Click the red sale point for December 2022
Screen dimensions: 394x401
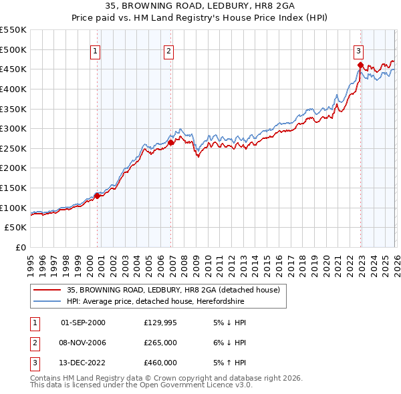click(360, 65)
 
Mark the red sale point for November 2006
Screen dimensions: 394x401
click(171, 142)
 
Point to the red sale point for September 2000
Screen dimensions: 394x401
click(98, 196)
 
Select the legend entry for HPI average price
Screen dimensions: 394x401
click(156, 302)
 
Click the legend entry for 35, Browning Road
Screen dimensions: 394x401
click(176, 290)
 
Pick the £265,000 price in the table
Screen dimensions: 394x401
click(160, 343)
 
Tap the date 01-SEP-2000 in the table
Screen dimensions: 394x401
click(83, 323)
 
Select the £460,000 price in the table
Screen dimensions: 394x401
click(160, 363)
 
